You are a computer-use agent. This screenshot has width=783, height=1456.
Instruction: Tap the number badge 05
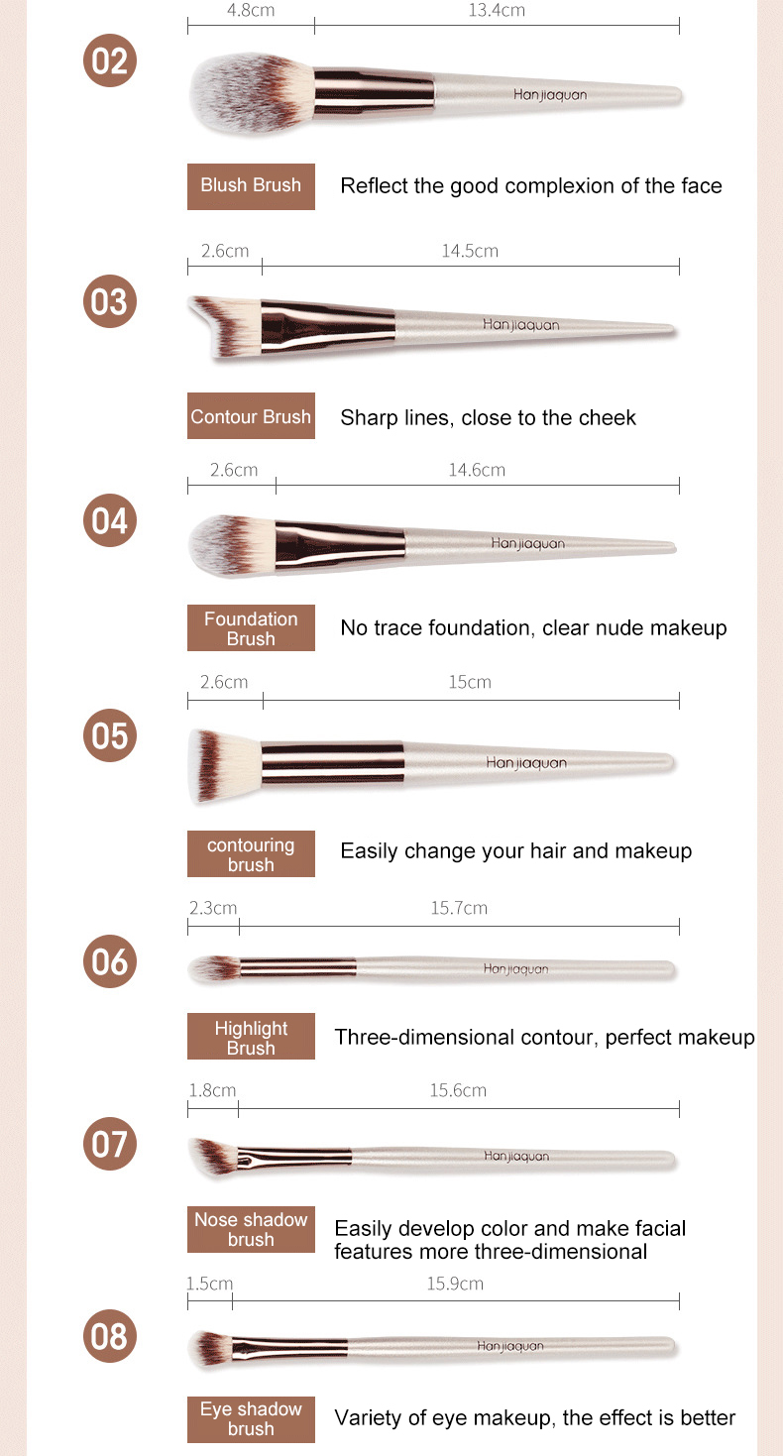(109, 736)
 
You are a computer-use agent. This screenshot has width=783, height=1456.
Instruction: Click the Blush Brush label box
(251, 186)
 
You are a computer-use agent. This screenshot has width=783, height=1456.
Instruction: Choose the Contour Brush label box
(251, 417)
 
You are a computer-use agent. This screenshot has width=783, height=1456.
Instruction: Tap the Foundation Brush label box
(251, 628)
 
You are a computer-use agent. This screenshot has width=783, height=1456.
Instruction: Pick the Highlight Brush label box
(251, 1038)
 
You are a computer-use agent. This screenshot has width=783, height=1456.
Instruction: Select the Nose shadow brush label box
(251, 1229)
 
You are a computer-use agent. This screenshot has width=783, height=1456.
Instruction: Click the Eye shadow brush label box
(251, 1419)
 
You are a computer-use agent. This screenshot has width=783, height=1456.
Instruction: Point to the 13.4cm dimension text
(497, 11)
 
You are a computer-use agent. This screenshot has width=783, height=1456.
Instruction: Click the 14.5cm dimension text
(470, 251)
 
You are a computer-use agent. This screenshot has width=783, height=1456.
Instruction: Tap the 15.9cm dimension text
(455, 1284)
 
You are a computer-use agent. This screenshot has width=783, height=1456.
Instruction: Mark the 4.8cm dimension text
(251, 11)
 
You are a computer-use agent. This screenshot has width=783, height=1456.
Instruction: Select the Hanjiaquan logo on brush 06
(515, 969)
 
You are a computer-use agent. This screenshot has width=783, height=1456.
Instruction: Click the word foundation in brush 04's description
(471, 627)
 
